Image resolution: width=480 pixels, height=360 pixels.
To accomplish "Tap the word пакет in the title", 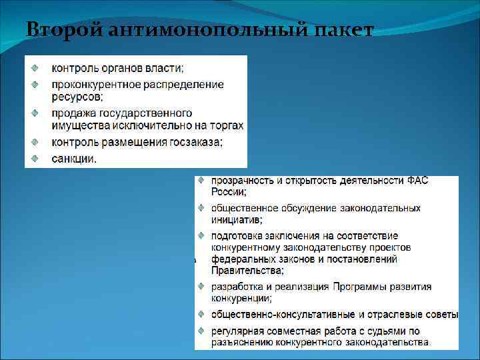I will click(341, 29).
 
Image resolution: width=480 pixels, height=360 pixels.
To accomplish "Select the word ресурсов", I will click(73, 96).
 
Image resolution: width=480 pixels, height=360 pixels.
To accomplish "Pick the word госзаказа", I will click(195, 142).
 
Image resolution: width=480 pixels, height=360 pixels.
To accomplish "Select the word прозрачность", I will click(241, 180).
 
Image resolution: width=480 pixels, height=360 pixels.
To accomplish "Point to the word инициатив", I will click(235, 219).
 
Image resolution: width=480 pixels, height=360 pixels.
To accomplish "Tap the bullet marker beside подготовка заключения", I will click(201, 235).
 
